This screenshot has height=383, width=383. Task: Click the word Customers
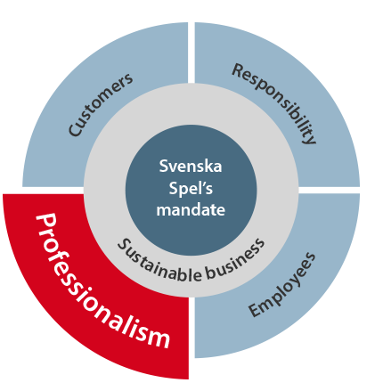tap(101, 104)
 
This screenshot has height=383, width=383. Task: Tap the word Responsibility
tap(274, 103)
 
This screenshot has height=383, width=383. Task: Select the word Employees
tap(282, 285)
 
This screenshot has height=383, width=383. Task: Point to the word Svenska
tap(191, 166)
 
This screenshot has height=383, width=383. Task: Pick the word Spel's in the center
tap(191, 188)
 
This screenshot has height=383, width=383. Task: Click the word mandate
tap(191, 209)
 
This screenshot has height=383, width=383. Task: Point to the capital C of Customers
tap(75, 130)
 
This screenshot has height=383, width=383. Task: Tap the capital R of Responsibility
tap(239, 70)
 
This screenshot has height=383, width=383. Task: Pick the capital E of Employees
tap(256, 310)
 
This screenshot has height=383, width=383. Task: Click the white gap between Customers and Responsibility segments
tap(191, 53)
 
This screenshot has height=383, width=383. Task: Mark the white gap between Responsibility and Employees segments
tap(329, 191)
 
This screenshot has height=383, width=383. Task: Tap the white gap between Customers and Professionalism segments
tap(53, 191)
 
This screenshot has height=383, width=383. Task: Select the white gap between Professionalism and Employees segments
tap(191, 327)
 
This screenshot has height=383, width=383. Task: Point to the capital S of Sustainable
tap(122, 244)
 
